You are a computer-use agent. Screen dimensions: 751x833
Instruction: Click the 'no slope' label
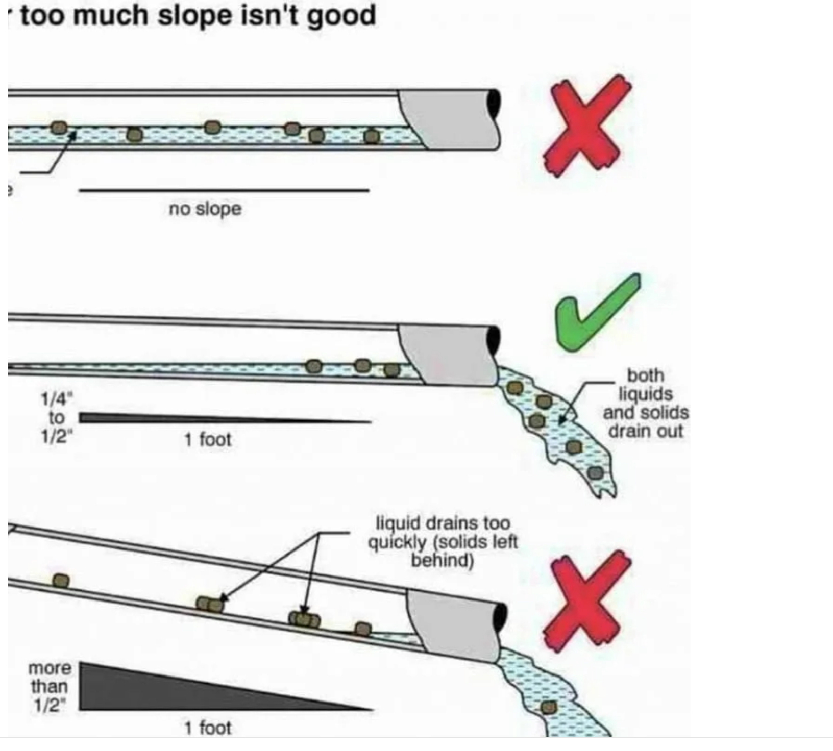205,209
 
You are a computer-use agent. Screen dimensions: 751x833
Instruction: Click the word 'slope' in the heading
194,15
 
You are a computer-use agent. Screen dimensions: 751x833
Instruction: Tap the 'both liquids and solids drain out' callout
646,403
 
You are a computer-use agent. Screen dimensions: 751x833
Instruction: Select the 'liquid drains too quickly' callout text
443,541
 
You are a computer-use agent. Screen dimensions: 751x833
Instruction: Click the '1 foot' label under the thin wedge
208,439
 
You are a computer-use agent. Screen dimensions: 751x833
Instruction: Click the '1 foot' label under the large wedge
208,727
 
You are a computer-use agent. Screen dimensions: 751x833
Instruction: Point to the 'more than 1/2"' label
50,686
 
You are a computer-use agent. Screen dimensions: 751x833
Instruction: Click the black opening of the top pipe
494,104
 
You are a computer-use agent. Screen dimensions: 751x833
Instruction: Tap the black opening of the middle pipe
494,340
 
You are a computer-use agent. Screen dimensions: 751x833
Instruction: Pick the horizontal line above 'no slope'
224,191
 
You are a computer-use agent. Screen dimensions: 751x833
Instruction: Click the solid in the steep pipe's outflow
549,708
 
